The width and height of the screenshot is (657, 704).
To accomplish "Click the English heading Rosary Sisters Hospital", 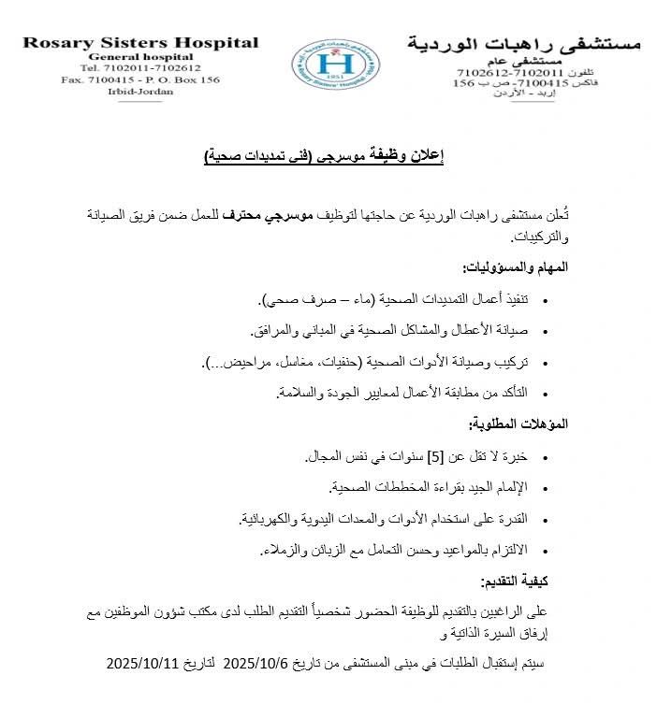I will click(x=140, y=43).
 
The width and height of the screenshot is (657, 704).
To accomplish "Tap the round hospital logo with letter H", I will click(x=335, y=65).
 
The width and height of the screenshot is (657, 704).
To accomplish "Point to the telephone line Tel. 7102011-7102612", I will click(x=139, y=68).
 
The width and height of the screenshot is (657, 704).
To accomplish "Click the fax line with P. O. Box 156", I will click(x=139, y=80).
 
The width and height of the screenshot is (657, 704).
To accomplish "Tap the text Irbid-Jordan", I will click(x=139, y=93).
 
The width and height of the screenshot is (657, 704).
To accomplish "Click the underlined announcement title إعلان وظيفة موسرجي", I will click(x=324, y=156).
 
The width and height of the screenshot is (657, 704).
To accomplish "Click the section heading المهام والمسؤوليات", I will click(x=516, y=266).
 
